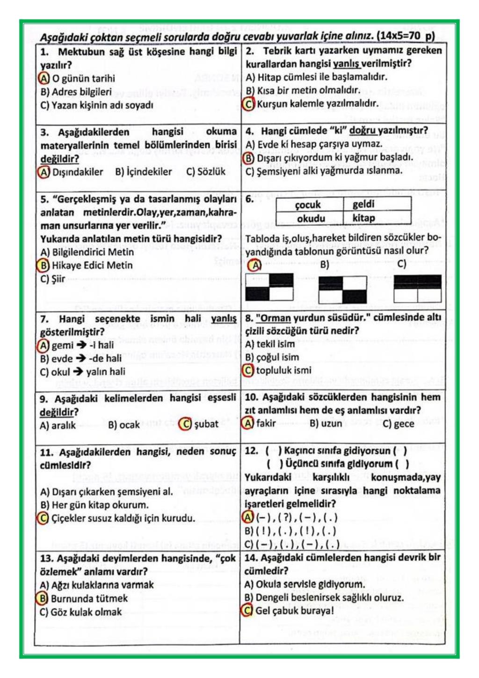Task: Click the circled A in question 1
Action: (44, 78)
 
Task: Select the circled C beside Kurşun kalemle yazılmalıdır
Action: (250, 103)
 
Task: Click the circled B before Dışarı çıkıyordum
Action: (250, 158)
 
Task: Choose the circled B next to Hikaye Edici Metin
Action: (44, 265)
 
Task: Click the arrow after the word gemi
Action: (81, 345)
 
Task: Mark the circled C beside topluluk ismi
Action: (248, 370)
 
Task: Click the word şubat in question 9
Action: (206, 424)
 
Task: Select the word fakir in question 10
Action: (266, 423)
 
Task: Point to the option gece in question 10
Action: (404, 424)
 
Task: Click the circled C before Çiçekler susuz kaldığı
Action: (44, 518)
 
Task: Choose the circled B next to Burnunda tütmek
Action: (43, 598)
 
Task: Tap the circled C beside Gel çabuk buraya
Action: (248, 611)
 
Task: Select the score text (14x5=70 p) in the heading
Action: (406, 36)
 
